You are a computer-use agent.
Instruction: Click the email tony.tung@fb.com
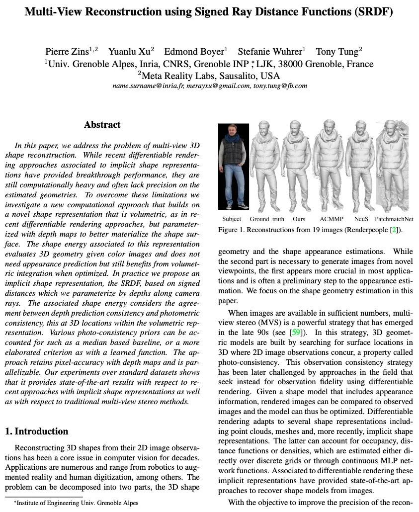pyautogui.click(x=280, y=85)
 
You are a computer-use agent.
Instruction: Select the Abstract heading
pyautogui.click(x=102, y=125)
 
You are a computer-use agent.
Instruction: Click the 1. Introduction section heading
pyautogui.click(x=37, y=431)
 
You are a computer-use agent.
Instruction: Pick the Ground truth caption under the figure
pyautogui.click(x=267, y=219)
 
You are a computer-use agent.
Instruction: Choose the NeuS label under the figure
pyautogui.click(x=361, y=219)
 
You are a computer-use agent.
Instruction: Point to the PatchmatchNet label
pyautogui.click(x=394, y=219)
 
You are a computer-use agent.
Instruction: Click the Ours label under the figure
pyautogui.click(x=299, y=219)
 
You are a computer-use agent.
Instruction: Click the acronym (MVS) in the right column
pyautogui.click(x=265, y=323)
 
